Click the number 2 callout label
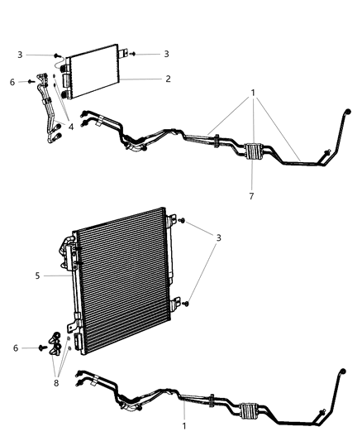point(168,79)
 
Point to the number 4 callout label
point(71,126)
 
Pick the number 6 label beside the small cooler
point(12,81)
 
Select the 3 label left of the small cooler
point(19,55)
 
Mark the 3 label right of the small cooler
point(166,54)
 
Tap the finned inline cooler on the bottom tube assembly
point(248,409)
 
